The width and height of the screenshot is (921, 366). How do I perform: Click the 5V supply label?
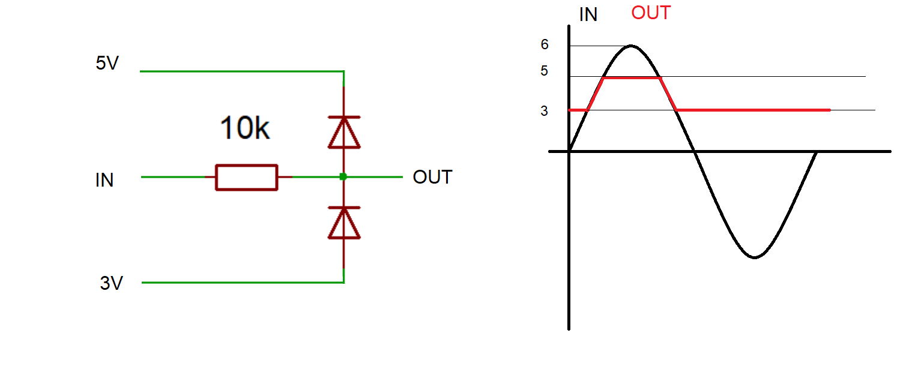click(x=107, y=64)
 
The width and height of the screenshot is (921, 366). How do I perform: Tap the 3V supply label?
click(x=112, y=283)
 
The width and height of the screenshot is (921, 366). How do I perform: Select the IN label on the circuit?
click(x=104, y=180)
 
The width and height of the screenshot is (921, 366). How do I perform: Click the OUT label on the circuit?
click(x=432, y=178)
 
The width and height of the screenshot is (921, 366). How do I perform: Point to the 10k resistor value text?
click(x=244, y=128)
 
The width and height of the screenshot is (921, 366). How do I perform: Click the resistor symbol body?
click(x=246, y=177)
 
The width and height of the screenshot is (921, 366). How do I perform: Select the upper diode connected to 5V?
click(x=343, y=132)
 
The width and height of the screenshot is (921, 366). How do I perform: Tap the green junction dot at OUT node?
click(x=343, y=176)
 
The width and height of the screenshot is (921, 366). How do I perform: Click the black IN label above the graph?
click(x=588, y=15)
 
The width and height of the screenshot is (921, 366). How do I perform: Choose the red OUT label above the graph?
click(x=650, y=13)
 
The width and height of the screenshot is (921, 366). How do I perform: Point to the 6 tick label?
click(x=545, y=44)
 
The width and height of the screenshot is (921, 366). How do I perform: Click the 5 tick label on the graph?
click(x=545, y=71)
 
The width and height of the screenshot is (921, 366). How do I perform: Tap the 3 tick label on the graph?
click(x=545, y=111)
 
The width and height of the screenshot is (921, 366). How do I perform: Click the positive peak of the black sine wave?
click(x=630, y=46)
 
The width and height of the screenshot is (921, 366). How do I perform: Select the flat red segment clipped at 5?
click(x=632, y=77)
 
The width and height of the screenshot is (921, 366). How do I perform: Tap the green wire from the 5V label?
click(x=240, y=71)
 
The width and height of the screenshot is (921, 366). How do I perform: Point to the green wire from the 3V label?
click(x=240, y=282)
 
